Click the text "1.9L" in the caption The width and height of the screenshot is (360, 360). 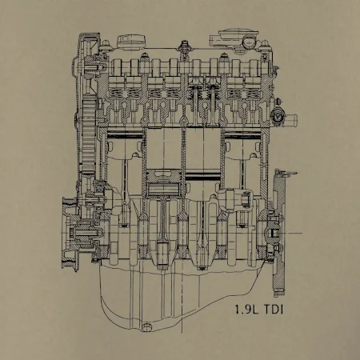click(246, 310)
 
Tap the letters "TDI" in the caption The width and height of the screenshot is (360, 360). click(274, 310)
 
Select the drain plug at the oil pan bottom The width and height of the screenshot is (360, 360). click(146, 326)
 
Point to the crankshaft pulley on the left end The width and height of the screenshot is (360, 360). click(70, 234)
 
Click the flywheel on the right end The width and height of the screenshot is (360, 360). click(278, 232)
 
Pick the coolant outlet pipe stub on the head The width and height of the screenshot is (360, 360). click(290, 118)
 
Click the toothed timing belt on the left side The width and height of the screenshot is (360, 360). click(89, 136)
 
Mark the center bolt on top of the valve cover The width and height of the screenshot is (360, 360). click(184, 46)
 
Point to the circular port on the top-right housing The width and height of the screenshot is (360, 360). click(249, 42)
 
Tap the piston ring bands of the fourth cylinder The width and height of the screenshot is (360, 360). click(242, 134)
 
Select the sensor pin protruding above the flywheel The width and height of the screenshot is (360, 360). click(290, 173)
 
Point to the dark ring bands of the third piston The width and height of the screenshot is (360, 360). click(203, 176)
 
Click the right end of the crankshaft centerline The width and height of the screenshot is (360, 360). click(302, 233)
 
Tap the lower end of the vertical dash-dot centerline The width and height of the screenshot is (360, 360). click(182, 334)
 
